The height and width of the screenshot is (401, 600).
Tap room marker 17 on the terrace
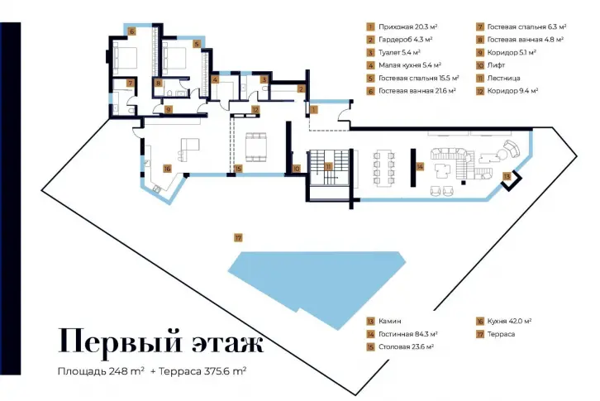click(238, 238)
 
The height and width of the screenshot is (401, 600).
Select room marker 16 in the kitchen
click(167, 169)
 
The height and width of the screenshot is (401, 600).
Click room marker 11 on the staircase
click(328, 166)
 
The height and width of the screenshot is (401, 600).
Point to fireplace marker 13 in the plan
click(507, 176)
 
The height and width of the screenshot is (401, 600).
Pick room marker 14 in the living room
click(420, 166)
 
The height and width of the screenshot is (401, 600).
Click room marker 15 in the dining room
click(238, 169)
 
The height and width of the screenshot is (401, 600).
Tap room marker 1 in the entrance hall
click(314, 110)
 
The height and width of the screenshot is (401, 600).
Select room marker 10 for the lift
click(297, 169)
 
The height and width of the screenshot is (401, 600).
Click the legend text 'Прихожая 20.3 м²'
click(408, 26)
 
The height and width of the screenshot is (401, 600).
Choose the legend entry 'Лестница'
click(503, 78)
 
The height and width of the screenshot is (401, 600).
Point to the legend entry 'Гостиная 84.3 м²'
click(408, 334)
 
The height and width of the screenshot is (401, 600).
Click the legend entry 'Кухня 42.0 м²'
click(509, 321)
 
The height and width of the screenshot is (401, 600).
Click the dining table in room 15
click(256, 147)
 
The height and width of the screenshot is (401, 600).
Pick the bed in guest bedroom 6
click(125, 58)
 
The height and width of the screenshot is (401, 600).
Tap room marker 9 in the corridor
click(169, 110)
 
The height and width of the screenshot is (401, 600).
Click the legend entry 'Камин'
click(390, 321)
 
